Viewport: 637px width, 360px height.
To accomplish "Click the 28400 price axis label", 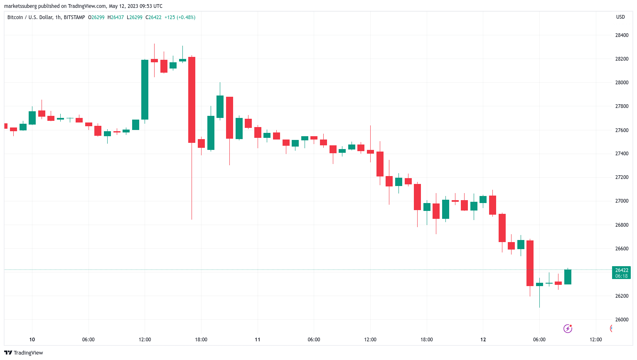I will tap(622, 35).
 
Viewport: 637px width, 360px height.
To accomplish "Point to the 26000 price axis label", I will tap(622, 320).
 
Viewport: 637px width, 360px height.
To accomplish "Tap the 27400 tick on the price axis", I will tap(622, 154).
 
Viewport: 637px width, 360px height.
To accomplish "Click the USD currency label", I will tap(620, 17).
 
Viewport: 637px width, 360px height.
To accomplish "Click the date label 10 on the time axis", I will tap(32, 340).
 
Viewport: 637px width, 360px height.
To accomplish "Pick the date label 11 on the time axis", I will tap(258, 340).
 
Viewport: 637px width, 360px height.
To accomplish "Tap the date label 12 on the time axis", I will tap(483, 340).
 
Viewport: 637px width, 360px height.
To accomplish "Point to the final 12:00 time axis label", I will tap(595, 340).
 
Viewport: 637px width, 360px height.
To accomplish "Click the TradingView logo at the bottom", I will tap(24, 353).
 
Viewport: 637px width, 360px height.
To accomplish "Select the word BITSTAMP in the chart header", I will tap(74, 17).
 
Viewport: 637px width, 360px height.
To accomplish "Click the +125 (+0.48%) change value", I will tap(180, 17).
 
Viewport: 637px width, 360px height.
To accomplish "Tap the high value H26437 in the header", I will tap(116, 17).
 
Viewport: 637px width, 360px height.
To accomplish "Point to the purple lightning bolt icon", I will tap(568, 329).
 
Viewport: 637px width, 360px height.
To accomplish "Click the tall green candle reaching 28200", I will tap(145, 90).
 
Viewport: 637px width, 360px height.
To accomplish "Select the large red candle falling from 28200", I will tap(192, 100).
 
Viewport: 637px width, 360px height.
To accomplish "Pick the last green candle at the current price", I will tap(568, 277).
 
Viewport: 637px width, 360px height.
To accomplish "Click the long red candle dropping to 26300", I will tap(530, 263).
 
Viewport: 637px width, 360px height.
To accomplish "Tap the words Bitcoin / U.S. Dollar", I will tap(30, 17).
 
